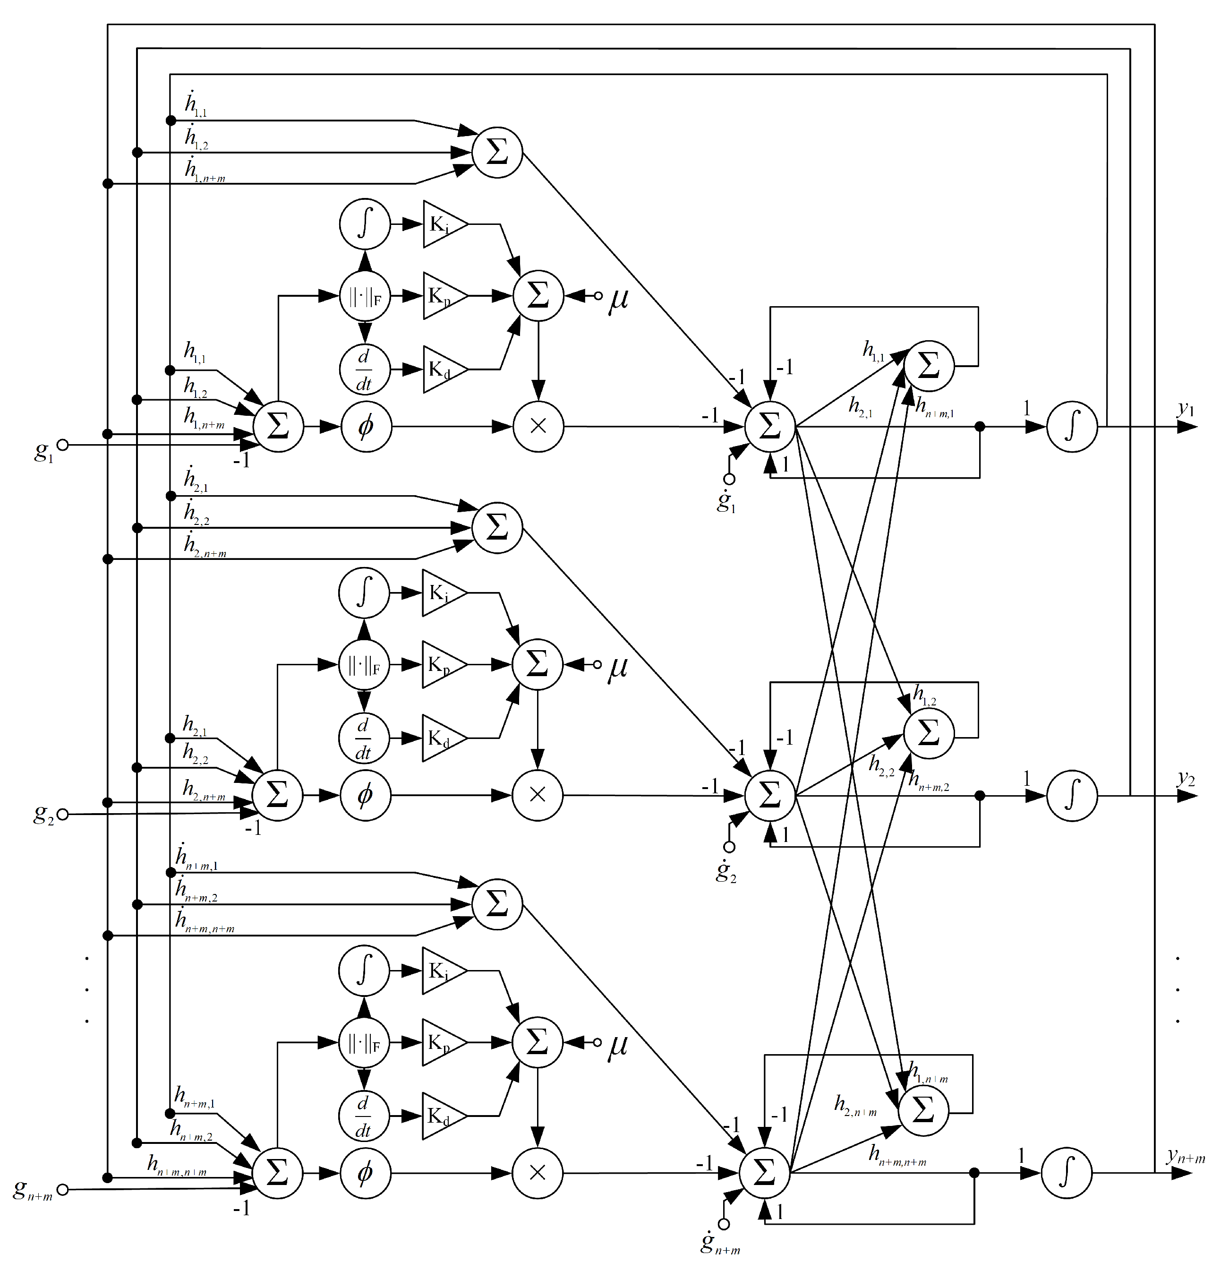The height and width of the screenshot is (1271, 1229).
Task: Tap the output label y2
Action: click(x=1186, y=778)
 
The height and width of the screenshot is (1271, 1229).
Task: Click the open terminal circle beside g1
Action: click(x=63, y=445)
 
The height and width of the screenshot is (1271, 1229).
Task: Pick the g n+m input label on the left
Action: click(x=33, y=1190)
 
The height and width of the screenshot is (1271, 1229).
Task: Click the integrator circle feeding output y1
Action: click(x=1072, y=427)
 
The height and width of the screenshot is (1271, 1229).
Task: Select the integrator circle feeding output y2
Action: click(x=1072, y=796)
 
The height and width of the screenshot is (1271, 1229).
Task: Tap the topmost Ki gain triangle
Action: click(x=444, y=224)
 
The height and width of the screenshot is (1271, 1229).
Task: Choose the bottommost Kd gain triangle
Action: click(x=442, y=1116)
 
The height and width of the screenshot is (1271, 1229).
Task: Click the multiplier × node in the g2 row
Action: click(x=538, y=796)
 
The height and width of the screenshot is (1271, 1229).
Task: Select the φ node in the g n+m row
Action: click(x=365, y=1172)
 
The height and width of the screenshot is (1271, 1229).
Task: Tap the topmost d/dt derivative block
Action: click(x=365, y=369)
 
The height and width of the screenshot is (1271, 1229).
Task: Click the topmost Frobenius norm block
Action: click(x=365, y=296)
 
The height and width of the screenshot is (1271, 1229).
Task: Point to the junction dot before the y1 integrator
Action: click(x=980, y=427)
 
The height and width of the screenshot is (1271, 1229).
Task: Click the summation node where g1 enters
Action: click(x=278, y=427)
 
